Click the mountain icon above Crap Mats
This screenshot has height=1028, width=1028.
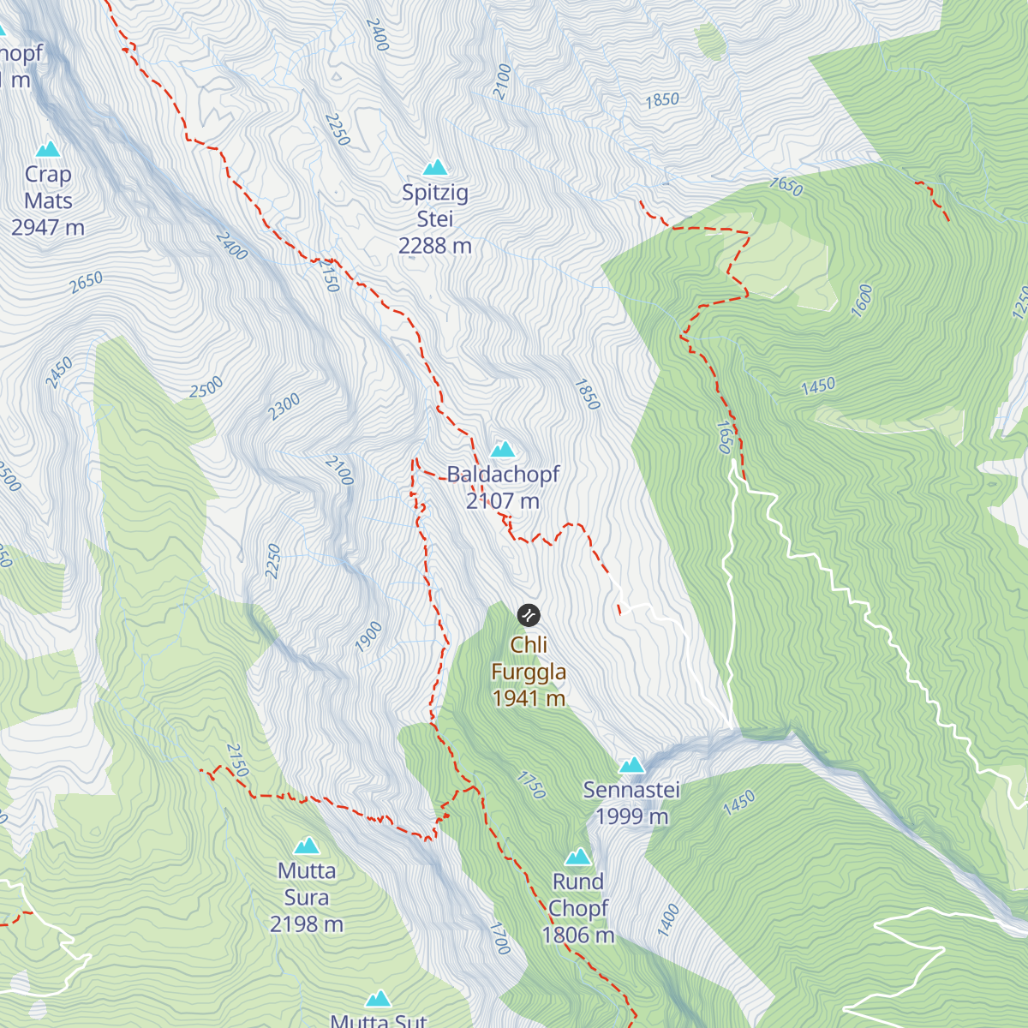[48, 149]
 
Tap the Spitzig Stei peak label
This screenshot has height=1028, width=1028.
[435, 206]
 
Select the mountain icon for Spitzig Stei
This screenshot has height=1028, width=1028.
[435, 166]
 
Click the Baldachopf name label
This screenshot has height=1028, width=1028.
[503, 474]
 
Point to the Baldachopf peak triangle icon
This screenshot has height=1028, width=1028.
[503, 449]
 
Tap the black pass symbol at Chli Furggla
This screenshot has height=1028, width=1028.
[529, 614]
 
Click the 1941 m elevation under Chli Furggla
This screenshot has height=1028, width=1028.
[529, 698]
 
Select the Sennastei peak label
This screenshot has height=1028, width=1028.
[631, 790]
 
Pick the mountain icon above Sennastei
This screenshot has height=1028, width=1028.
[631, 764]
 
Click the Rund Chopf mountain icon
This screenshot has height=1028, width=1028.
[578, 857]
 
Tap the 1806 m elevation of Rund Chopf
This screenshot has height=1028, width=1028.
[578, 935]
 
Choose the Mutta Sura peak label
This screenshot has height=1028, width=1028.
[307, 884]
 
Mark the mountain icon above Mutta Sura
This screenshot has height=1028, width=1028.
[307, 846]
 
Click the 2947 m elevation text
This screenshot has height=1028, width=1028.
[48, 227]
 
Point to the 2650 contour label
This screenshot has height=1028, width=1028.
[87, 282]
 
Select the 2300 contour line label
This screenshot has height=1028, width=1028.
[284, 406]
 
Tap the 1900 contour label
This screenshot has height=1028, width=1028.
[368, 637]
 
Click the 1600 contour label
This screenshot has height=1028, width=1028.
[862, 300]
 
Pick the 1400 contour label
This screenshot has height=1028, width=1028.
[668, 920]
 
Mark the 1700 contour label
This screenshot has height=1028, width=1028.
[499, 938]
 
